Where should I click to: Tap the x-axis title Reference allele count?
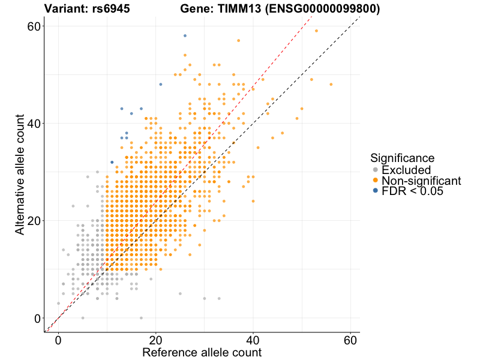tap(202, 352)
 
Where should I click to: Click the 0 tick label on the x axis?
tap(58, 340)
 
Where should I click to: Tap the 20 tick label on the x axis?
tap(156, 340)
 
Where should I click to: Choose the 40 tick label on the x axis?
tap(253, 340)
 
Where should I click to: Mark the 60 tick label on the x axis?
tap(350, 340)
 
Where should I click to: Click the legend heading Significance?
tap(402, 158)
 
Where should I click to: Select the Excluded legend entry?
tap(406, 170)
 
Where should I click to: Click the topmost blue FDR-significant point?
tap(185, 36)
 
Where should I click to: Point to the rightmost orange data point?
tap(331, 84)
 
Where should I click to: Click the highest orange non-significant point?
tap(316, 31)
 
